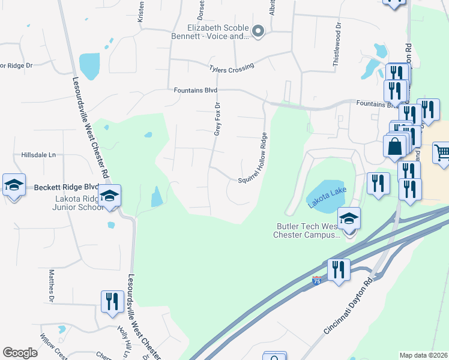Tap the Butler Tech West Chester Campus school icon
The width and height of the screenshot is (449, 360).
pos(349,220)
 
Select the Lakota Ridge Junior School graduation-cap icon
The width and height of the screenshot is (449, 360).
pos(110,197)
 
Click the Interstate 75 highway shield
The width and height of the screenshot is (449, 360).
pos(316,280)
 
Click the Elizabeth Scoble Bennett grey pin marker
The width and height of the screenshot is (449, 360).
pos(259,31)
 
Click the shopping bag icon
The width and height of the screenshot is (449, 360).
pos(394,146)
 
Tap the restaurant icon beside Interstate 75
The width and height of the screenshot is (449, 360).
pos(339,271)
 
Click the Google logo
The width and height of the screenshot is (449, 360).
pos(20,353)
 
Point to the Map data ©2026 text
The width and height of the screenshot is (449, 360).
pos(424,355)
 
